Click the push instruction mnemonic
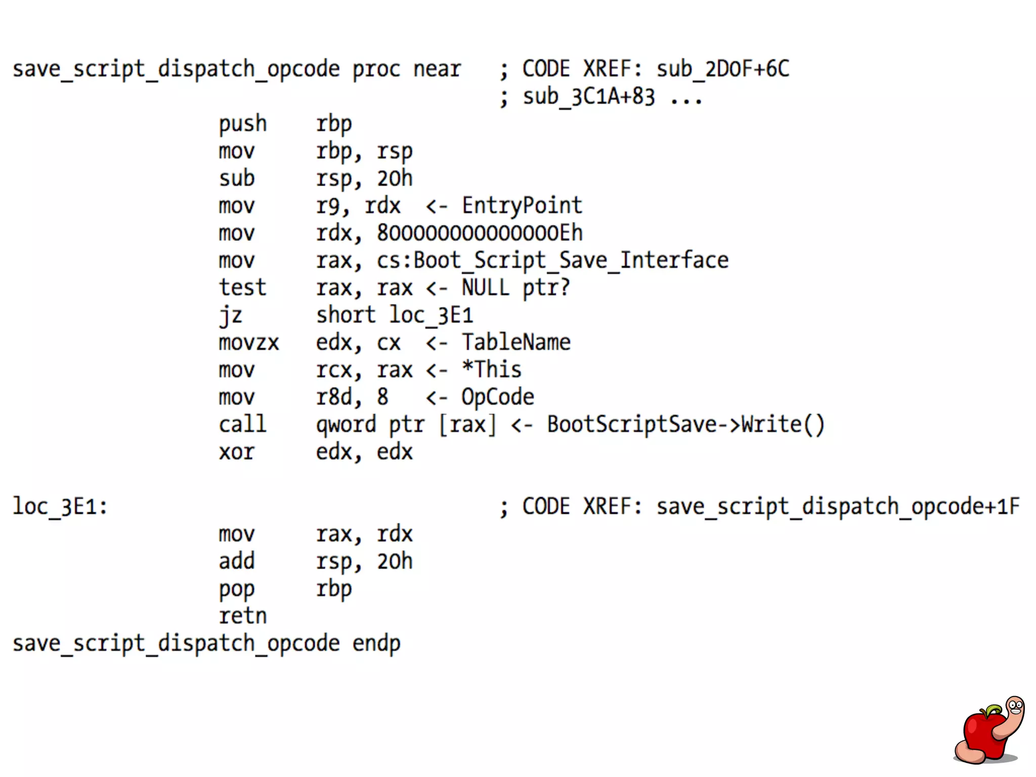[242, 124]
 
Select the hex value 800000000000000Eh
[480, 233]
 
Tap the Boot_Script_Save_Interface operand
[571, 261]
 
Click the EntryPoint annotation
[522, 206]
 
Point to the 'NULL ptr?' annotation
[515, 288]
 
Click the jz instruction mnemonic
[231, 316]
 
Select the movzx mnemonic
[248, 343]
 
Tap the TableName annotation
[516, 342]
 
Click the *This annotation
[492, 370]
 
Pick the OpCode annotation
[498, 397]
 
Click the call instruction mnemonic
[242, 424]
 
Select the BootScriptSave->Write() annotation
[685, 424]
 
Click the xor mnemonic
[236, 452]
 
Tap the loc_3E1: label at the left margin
[60, 506]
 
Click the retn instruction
[242, 616]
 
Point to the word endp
[376, 643]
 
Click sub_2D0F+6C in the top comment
[722, 69]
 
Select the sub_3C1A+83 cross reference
[588, 97]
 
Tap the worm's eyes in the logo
[1015, 705]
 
